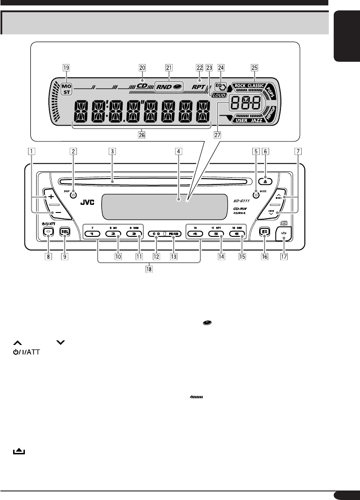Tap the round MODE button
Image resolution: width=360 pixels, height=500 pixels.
tap(256, 194)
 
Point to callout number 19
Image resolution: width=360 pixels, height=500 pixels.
tap(66, 67)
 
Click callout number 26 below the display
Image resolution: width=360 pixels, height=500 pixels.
tap(142, 134)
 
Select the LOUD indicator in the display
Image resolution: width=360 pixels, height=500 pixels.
tap(219, 96)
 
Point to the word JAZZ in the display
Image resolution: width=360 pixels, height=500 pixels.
tap(255, 120)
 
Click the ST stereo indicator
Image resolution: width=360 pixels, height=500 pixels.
tap(66, 92)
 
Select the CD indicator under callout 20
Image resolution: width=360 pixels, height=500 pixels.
tap(142, 85)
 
